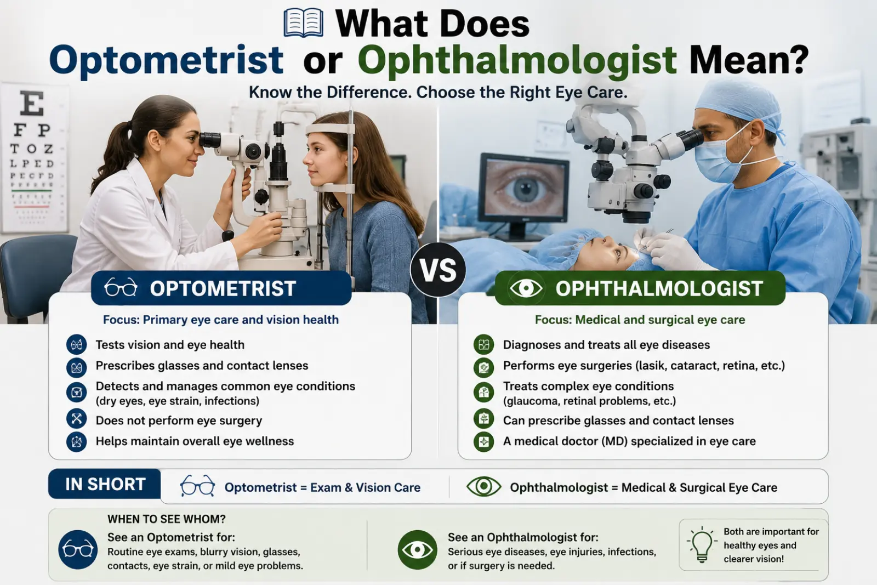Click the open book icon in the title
click(x=304, y=23)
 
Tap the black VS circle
click(x=438, y=270)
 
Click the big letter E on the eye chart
click(x=32, y=104)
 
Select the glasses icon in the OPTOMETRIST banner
click(x=121, y=288)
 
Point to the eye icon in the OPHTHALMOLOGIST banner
click(x=526, y=288)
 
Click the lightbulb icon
click(x=702, y=544)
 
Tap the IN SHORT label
click(x=105, y=484)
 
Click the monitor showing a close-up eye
click(x=524, y=194)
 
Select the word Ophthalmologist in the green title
click(x=517, y=60)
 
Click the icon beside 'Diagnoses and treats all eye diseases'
click(x=483, y=344)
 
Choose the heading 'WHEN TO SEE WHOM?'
click(x=167, y=519)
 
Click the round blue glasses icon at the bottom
click(x=78, y=549)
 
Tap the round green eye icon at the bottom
click(x=417, y=550)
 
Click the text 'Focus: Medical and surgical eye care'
click(x=640, y=320)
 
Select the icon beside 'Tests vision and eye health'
click(x=76, y=344)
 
